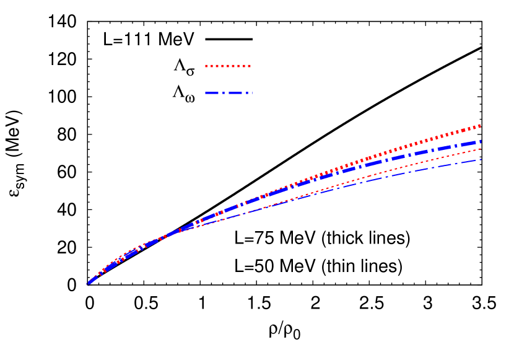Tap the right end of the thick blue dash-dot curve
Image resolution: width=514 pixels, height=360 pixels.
point(480,142)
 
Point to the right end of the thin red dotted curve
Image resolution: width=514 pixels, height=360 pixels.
point(481,149)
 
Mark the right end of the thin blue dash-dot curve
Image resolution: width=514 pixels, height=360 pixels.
point(481,160)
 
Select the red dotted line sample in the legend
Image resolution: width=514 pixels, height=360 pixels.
point(228,66)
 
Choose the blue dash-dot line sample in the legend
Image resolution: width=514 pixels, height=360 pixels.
point(228,93)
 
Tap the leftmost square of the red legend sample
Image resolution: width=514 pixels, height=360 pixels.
point(207,66)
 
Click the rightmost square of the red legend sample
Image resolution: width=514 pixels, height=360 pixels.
point(249,66)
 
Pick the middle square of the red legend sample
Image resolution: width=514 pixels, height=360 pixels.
point(228,66)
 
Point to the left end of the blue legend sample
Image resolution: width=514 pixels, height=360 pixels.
point(206,93)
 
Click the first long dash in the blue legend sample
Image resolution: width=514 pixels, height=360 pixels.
point(214,93)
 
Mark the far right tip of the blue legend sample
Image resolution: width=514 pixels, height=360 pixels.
point(251,93)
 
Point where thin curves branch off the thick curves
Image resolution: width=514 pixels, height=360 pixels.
point(180,230)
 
